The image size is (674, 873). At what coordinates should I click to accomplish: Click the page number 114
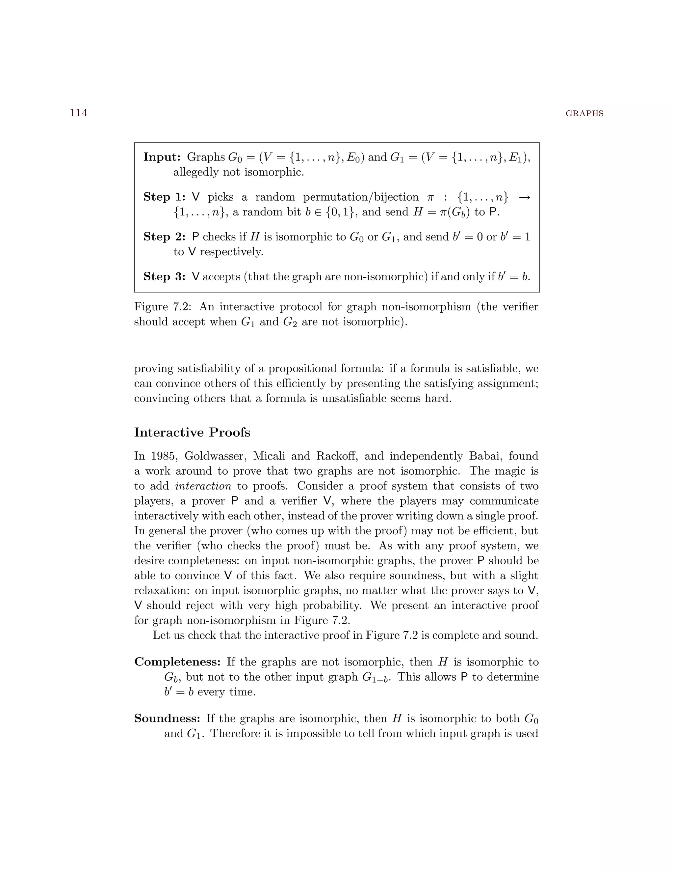click(x=79, y=113)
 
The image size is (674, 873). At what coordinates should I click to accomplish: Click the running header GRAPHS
click(x=584, y=114)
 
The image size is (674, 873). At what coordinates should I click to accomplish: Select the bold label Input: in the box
click(x=162, y=157)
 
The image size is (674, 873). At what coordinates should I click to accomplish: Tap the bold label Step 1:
click(x=164, y=197)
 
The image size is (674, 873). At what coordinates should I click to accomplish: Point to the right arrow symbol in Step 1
click(x=524, y=197)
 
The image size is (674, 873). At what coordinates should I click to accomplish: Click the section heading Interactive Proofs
click(x=192, y=433)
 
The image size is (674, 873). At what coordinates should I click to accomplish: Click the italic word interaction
click(x=203, y=486)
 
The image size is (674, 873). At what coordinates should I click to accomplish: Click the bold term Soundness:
click(x=167, y=718)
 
